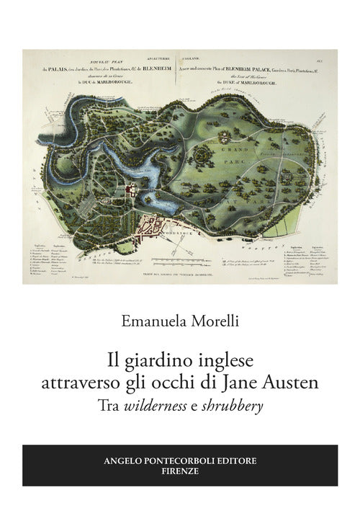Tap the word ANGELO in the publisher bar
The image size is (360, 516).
(x=123, y=460)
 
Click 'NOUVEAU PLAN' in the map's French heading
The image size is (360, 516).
(x=97, y=61)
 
